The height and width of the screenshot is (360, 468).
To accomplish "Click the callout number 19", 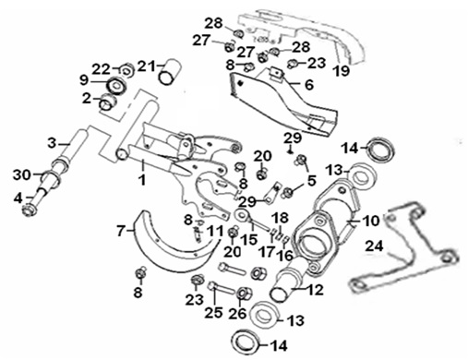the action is coord(342,71).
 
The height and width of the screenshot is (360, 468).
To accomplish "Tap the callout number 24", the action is coord(375,246).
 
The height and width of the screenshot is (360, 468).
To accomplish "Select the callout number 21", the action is coord(147,66).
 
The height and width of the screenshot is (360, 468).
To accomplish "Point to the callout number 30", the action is coord(22,175).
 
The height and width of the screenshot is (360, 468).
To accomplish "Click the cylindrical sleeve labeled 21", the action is coord(170,72).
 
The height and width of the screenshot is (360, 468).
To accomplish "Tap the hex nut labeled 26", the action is coord(246,294).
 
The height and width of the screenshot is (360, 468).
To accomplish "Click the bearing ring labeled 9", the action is coord(116,84).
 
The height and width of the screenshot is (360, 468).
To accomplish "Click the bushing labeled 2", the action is coord(107,102).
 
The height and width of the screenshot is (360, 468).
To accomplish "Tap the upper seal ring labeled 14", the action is coord(381,150).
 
